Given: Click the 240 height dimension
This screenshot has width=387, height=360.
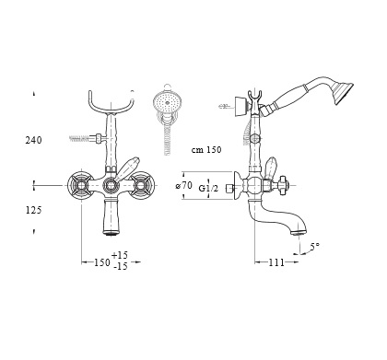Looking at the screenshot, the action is click(33, 140).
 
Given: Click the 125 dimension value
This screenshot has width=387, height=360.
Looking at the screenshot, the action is click(33, 210).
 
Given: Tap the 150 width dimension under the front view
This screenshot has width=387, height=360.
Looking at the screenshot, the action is click(101, 262).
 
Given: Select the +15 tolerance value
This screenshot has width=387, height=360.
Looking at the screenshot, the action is click(120, 255).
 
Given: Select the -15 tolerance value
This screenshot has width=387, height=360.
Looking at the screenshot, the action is click(121, 266).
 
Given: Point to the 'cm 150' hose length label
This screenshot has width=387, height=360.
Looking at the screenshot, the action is click(206, 150).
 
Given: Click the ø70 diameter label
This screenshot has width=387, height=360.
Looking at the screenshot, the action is click(184, 185).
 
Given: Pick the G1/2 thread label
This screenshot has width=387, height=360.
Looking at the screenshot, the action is click(208, 188).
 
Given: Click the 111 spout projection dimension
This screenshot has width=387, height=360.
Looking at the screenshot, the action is click(276, 262).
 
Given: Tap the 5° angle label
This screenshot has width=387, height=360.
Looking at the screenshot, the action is click(314, 246).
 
